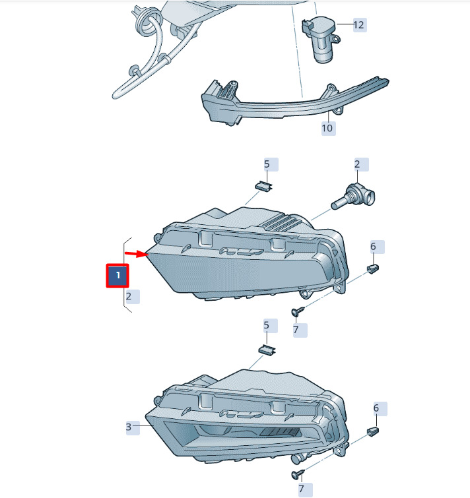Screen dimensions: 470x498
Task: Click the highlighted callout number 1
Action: pyautogui.click(x=117, y=276)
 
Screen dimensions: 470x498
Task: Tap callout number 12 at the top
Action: pyautogui.click(x=358, y=25)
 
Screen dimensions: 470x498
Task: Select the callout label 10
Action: pyautogui.click(x=327, y=128)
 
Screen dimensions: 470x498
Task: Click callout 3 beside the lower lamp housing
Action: pyautogui.click(x=129, y=427)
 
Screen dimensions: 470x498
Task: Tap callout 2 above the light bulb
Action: pyautogui.click(x=357, y=164)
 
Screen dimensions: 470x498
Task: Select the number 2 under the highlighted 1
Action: pyautogui.click(x=129, y=297)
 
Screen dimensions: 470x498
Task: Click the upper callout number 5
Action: pyautogui.click(x=267, y=164)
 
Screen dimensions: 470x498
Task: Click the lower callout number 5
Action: pyautogui.click(x=267, y=325)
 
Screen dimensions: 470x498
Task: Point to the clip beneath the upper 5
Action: pyautogui.click(x=264, y=186)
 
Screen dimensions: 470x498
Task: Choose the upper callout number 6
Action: pyautogui.click(x=373, y=247)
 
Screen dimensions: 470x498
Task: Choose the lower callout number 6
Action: pyautogui.click(x=376, y=408)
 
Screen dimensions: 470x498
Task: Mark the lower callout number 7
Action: pyautogui.click(x=301, y=489)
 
